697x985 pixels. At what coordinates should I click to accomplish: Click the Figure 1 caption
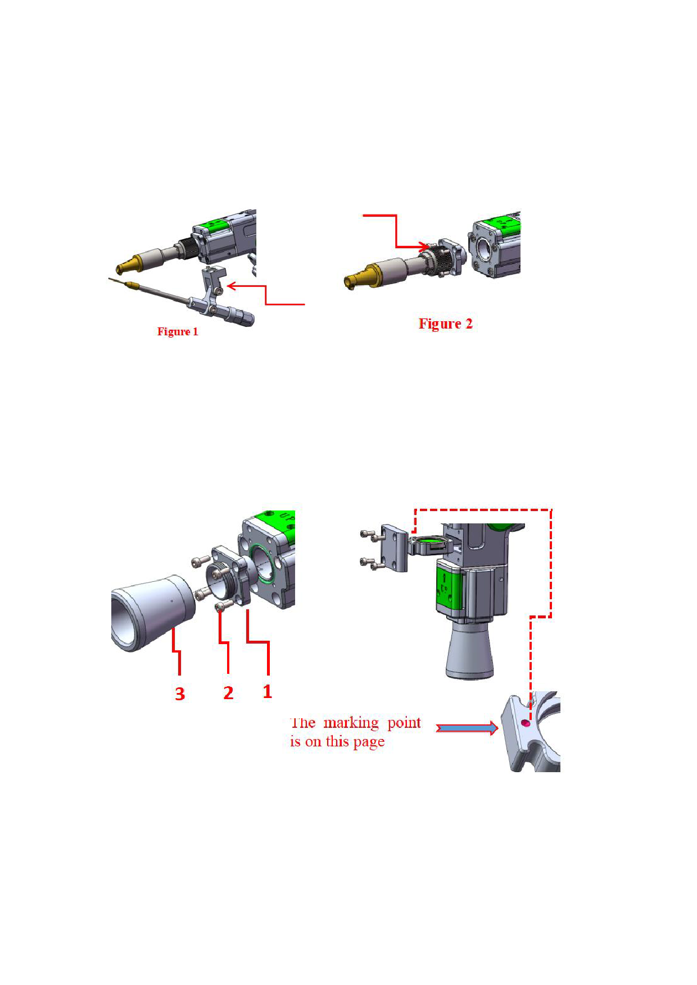178,331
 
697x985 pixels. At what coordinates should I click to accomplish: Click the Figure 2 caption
446,323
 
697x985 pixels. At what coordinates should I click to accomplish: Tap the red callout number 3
180,694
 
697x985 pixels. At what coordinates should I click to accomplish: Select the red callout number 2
228,693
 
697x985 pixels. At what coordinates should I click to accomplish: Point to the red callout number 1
268,691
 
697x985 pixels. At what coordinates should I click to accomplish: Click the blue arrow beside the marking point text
467,728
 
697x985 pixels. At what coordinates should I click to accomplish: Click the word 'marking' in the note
351,723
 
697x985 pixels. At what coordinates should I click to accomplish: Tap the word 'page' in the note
369,742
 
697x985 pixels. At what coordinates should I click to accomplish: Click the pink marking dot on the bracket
526,723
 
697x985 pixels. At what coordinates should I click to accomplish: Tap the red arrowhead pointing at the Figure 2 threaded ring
424,247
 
